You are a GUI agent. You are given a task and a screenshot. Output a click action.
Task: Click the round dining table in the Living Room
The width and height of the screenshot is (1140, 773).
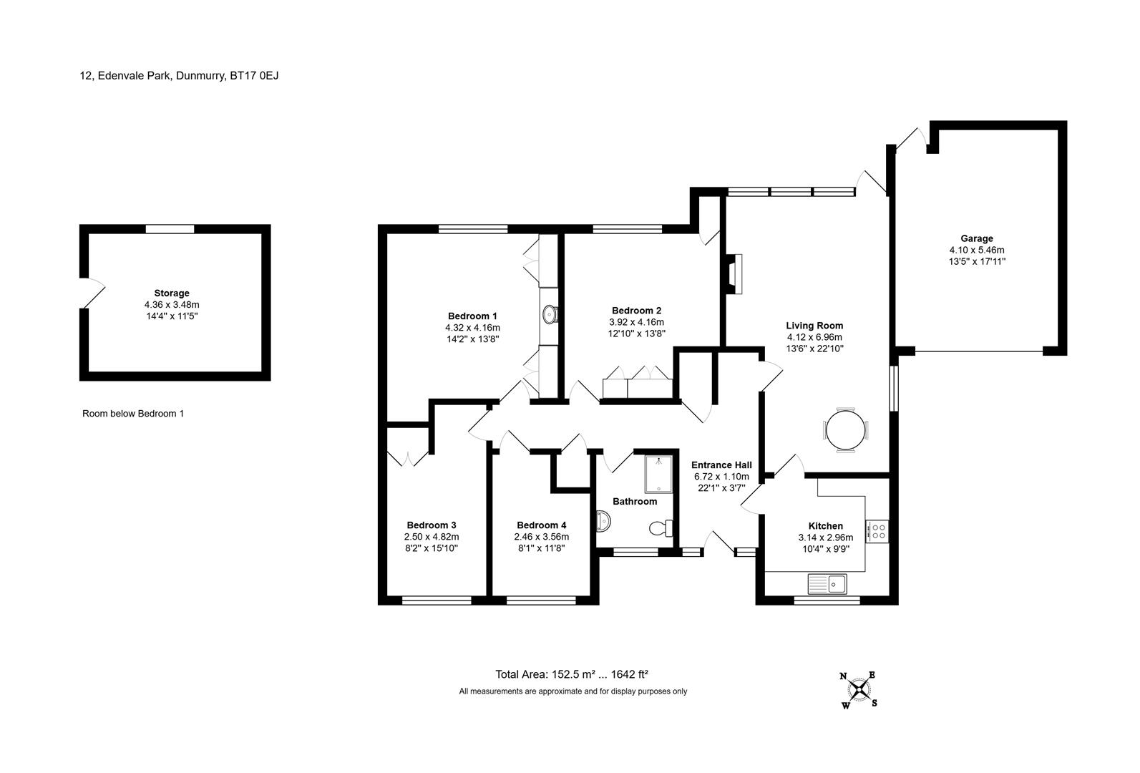845,430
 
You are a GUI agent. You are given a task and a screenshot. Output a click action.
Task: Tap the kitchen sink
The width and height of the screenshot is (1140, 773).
827,584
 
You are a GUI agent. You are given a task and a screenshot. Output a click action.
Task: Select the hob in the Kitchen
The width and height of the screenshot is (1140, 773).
877,531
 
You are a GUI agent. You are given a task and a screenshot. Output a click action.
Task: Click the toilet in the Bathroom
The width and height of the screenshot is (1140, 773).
661,528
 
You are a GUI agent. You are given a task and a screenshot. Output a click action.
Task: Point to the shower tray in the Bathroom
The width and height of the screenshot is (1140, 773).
658,475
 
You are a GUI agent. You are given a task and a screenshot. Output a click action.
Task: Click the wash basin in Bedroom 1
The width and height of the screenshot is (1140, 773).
550,314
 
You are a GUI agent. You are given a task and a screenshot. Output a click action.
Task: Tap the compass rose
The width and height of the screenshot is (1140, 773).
859,690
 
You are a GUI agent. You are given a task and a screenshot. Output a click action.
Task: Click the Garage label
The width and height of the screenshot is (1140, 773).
977,238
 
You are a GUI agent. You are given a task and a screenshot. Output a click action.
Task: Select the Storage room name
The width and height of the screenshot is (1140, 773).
172,293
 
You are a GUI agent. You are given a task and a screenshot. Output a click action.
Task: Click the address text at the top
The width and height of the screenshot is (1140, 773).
179,76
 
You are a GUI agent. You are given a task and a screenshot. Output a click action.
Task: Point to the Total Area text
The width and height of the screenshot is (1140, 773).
572,674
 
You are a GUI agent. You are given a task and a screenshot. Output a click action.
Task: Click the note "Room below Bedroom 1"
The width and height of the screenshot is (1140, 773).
133,414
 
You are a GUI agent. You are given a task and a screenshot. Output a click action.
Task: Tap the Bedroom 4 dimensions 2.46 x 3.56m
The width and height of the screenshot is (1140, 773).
542,537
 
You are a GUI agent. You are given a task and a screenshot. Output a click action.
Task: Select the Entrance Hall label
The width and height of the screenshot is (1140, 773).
721,465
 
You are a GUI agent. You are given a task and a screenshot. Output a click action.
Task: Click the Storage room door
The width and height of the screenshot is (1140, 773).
92,293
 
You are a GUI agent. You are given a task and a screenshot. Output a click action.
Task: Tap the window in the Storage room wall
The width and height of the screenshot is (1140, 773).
170,229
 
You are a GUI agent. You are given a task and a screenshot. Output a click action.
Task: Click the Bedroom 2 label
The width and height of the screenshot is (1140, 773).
636,311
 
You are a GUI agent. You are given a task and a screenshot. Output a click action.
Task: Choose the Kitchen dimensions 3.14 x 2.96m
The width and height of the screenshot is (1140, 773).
826,538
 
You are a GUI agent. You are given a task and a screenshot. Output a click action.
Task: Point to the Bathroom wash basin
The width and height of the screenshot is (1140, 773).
603,521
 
